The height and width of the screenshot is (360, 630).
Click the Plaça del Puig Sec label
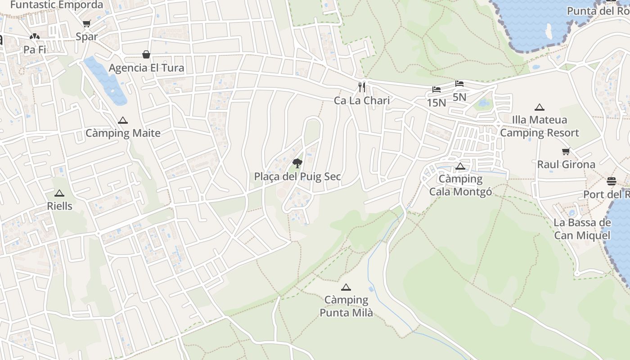tap(297, 176)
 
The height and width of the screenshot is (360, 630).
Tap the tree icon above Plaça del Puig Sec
tap(297, 163)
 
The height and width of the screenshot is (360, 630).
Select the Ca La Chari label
tap(362, 100)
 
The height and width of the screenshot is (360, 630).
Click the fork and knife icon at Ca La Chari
tap(362, 87)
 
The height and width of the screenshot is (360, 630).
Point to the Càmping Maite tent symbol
tap(123, 121)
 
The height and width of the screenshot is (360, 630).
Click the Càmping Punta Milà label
tap(346, 306)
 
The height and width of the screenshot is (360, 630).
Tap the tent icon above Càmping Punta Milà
tap(346, 288)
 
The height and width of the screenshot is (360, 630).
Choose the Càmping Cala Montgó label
tap(460, 185)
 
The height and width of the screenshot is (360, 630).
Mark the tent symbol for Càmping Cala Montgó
tap(460, 166)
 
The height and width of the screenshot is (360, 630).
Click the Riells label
tap(59, 206)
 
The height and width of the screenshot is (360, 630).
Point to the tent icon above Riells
tap(59, 193)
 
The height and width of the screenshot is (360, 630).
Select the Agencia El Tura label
tap(147, 68)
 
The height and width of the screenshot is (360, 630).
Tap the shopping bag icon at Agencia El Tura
tap(146, 55)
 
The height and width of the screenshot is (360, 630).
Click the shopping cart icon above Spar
tap(86, 24)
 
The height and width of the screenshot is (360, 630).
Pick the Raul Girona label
tap(566, 164)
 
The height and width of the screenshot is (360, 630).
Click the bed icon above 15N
tap(436, 90)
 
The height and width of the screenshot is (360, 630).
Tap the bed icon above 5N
tap(459, 84)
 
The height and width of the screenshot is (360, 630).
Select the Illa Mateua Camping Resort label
tap(540, 126)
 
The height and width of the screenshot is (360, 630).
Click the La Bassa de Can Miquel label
tap(582, 229)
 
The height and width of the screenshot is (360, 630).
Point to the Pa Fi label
tap(35, 49)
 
